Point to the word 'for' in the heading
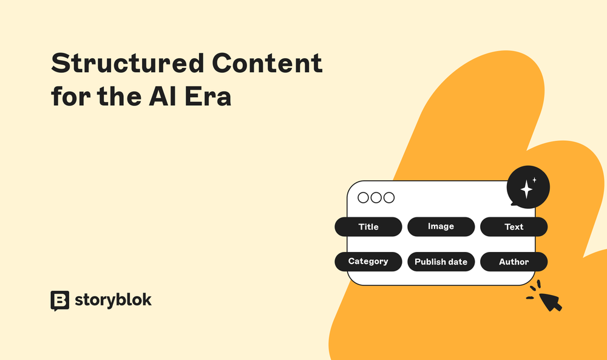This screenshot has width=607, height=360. pos(67,97)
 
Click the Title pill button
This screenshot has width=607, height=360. pos(368,226)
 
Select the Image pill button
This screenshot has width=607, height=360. pos(441,226)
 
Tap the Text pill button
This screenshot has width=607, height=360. pos(514,226)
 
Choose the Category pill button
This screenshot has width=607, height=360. pos(368,262)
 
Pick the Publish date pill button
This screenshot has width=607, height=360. pos(441,262)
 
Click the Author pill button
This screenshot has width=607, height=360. pos(514,262)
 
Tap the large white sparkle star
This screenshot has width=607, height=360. pos(526,190)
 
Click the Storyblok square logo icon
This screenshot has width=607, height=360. pos(59,300)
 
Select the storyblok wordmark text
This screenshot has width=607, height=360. pos(113,300)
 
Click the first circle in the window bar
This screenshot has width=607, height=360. pos(364,197)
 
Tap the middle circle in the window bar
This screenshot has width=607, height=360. pos(376,197)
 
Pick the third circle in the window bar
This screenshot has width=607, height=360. pos(389,197)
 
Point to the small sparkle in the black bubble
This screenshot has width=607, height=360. pos(535,180)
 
